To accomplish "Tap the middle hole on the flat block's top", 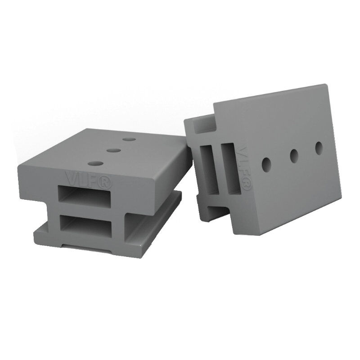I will [113, 151].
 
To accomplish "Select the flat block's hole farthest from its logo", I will [129, 140].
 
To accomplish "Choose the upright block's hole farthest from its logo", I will [319, 147].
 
